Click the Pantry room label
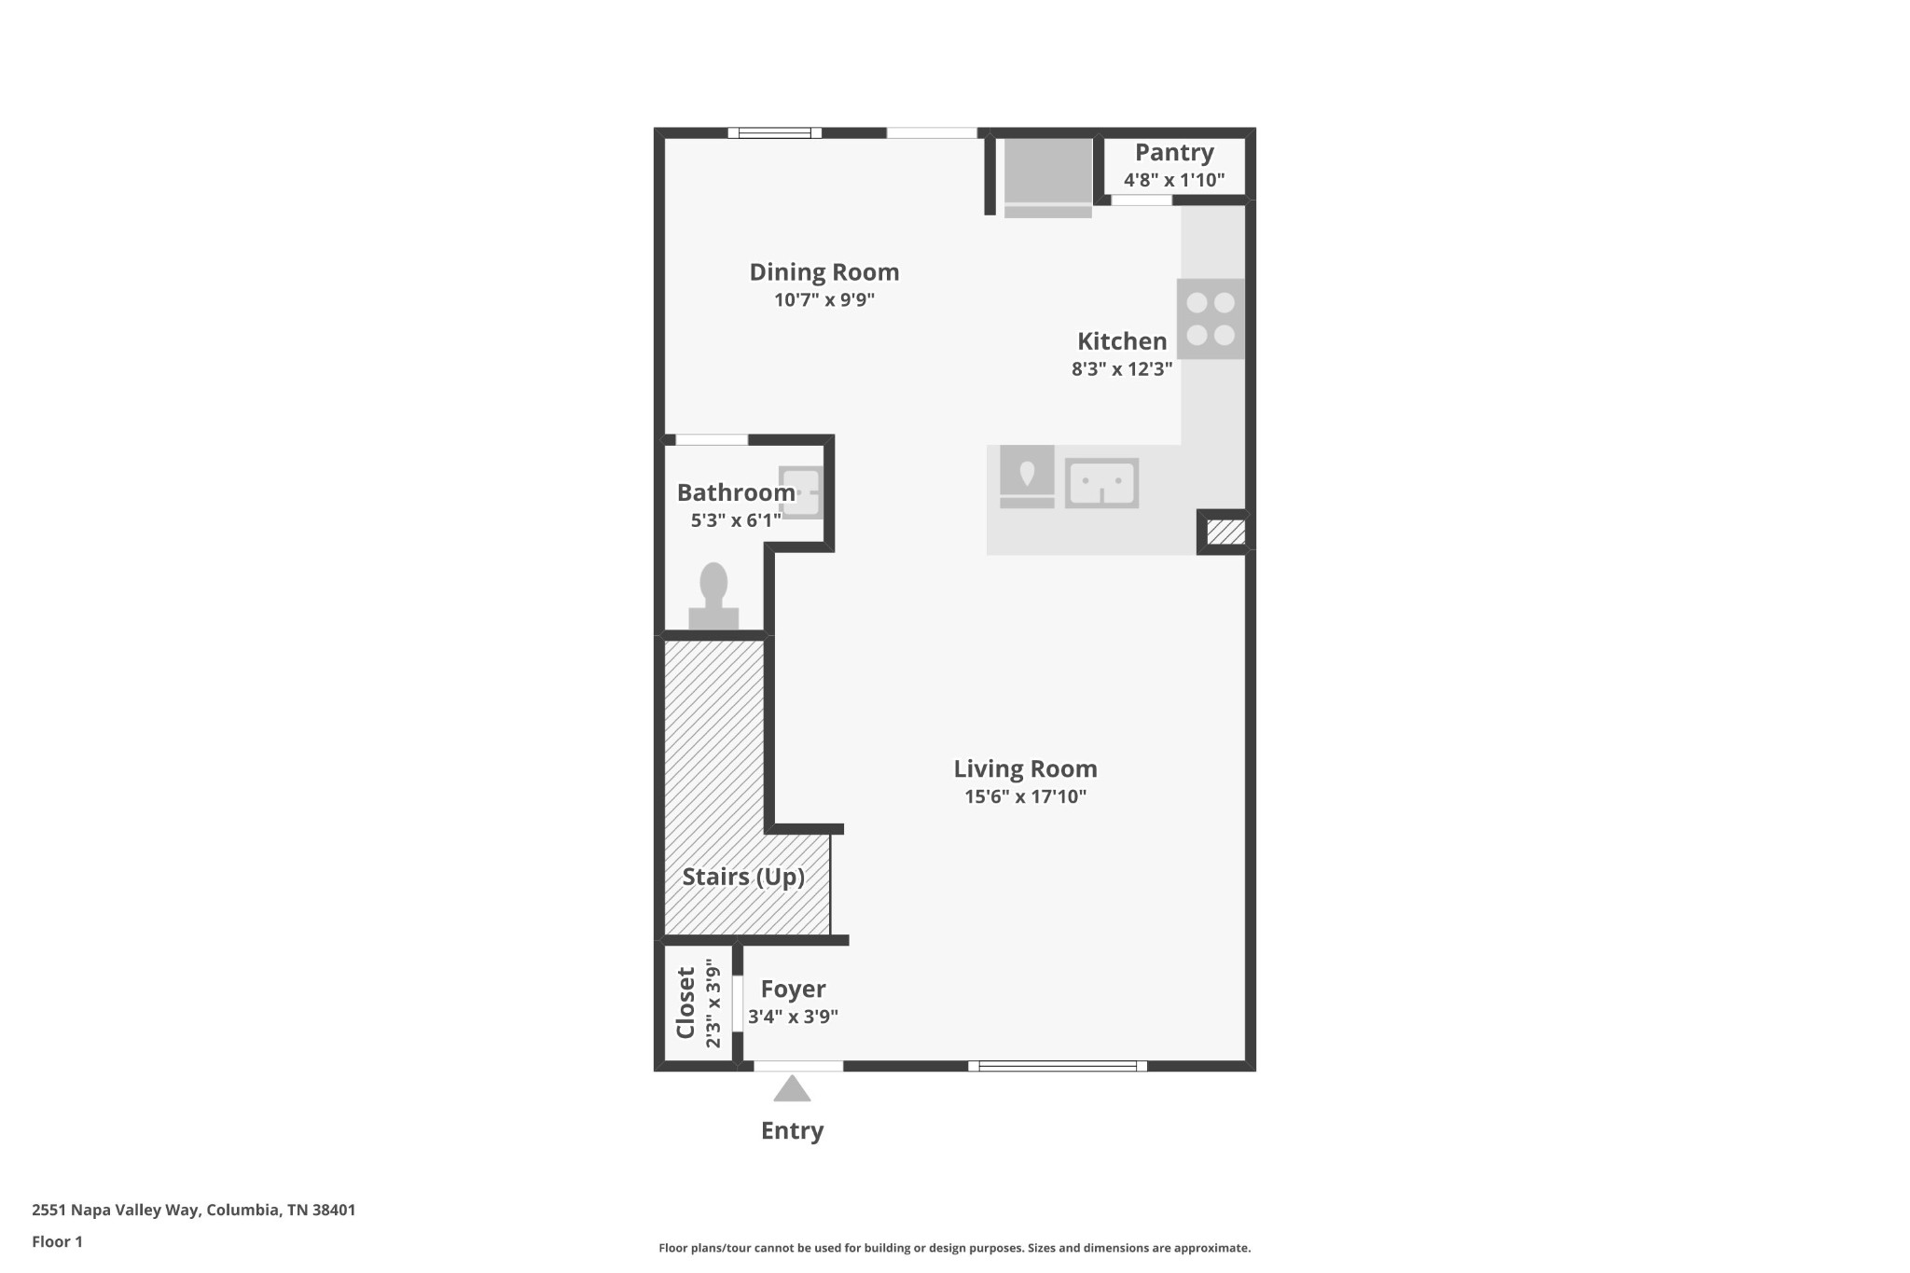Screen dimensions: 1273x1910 point(1173,152)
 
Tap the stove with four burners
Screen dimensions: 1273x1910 point(1210,319)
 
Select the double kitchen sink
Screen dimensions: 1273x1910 point(1101,483)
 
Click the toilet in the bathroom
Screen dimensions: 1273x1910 point(713,597)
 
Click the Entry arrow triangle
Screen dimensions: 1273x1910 point(792,1089)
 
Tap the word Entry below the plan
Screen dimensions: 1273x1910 point(792,1130)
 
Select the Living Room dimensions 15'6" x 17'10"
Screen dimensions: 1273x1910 point(1025,796)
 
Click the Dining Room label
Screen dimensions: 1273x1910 point(824,272)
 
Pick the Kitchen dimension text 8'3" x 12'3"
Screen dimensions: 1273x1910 point(1121,368)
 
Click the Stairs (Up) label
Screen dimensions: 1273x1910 point(742,877)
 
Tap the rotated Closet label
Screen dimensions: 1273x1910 point(685,1003)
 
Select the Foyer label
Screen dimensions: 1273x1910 point(793,989)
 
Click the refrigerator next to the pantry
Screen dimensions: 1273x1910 point(1047,173)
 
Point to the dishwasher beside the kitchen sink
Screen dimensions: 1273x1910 point(1027,475)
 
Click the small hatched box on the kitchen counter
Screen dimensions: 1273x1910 point(1225,533)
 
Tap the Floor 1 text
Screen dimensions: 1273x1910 point(57,1241)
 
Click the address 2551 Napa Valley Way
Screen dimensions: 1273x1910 point(193,1210)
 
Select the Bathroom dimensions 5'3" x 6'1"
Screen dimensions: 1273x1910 point(736,520)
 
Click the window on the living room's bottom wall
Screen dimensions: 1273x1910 point(1057,1066)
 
